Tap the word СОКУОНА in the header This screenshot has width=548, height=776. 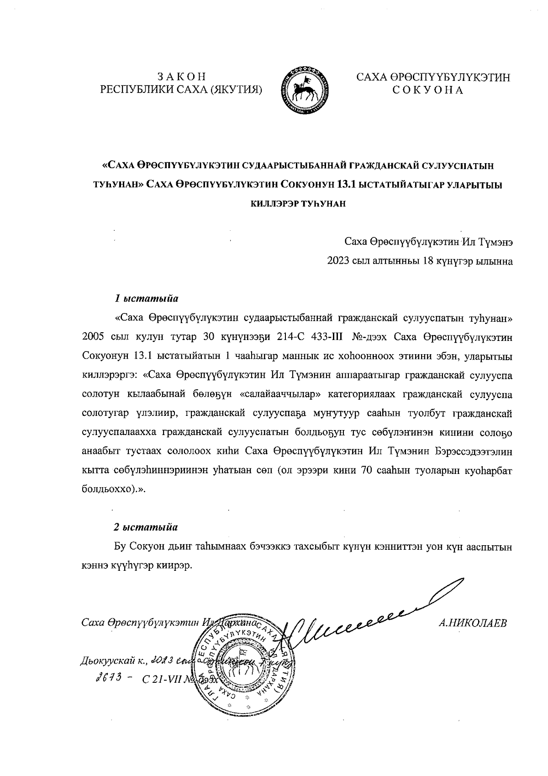(428, 90)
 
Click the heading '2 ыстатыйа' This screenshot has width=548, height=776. (146, 526)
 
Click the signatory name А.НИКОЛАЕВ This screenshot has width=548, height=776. (472, 623)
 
